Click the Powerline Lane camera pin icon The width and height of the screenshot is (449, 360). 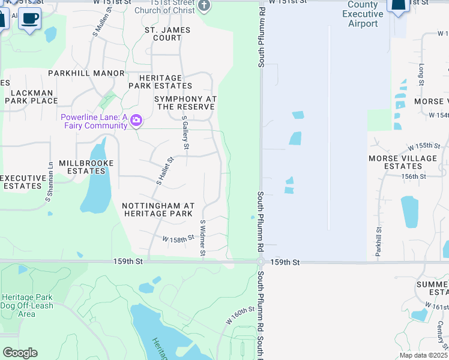coord(136,121)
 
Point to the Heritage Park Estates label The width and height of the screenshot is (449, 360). coord(160,82)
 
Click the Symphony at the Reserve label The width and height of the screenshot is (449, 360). coord(185,103)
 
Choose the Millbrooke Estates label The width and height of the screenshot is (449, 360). coord(82,167)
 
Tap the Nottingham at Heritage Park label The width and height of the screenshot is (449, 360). coord(157,209)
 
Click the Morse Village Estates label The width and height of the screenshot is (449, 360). coord(403,162)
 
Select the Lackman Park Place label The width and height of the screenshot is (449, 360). coord(31,97)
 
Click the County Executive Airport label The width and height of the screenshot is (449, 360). coord(363,14)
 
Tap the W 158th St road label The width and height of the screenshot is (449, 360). coord(178,238)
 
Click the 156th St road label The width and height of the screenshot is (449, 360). coord(414,176)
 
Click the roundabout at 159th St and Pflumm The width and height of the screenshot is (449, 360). coord(261,262)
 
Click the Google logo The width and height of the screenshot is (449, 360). coord(20,353)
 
